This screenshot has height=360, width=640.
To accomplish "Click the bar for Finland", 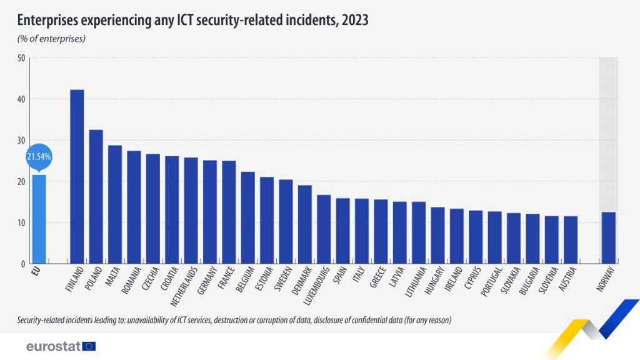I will point(77,177).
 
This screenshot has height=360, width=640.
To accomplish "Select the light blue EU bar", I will point(39,219).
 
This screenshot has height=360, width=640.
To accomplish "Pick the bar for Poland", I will point(96,197).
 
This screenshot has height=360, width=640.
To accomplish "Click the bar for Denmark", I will point(304,224).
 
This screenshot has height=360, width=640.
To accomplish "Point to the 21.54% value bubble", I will point(38,156).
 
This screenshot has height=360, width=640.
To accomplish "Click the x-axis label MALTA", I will point(113,277).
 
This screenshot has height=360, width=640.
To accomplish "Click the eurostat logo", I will point(61,346).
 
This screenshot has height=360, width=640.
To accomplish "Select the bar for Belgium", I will point(247,217).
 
